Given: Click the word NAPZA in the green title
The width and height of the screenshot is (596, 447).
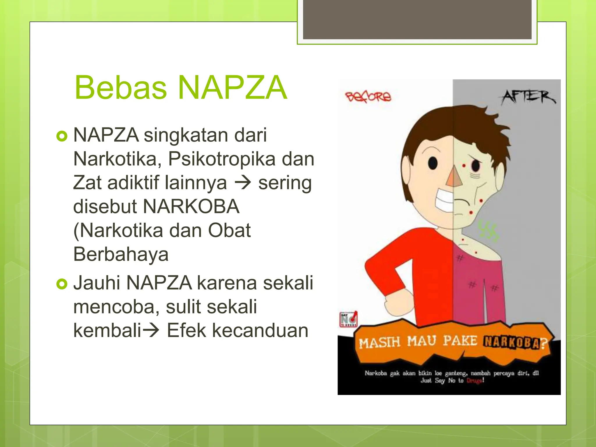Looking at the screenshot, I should coord(232,87).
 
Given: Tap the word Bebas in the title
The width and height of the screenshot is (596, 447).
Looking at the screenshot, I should coord(121,87).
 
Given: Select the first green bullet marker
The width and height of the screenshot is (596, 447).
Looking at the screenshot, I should coord(62,136).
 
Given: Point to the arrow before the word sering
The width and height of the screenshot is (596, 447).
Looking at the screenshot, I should coord(243,183).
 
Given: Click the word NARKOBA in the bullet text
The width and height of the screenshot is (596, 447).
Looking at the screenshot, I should coord(191,207).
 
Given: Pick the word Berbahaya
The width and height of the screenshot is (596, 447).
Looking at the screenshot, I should coord(121,254).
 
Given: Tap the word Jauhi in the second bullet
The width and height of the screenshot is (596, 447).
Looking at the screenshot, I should coord(96,283).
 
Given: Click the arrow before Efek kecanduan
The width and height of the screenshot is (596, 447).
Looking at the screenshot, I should coord(150,331).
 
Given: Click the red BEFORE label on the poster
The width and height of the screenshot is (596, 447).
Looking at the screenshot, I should coord(368,97).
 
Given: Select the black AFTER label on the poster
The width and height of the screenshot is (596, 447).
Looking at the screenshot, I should coord(528,97).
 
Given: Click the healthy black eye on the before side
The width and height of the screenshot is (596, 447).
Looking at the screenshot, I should coord(433,163).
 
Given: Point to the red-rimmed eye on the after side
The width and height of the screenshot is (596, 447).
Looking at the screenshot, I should coord(476,166).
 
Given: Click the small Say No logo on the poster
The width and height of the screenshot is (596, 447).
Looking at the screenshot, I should coord(348,319).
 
